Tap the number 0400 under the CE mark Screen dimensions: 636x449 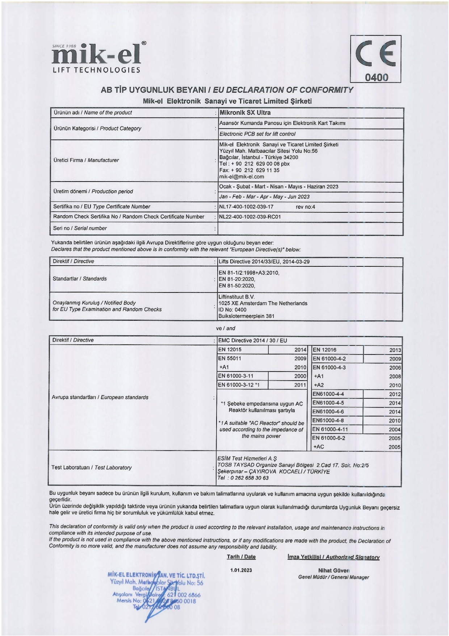click(x=376, y=78)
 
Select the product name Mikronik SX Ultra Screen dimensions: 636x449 click(x=245, y=113)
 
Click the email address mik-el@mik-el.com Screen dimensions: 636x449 click(x=242, y=177)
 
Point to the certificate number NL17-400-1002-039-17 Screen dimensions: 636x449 click(x=246, y=207)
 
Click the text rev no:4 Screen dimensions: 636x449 click(x=305, y=207)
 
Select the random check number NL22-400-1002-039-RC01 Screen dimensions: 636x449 click(x=250, y=217)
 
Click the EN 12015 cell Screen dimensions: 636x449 click(x=230, y=350)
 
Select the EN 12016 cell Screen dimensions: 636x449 click(x=324, y=350)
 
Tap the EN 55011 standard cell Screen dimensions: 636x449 click(x=230, y=358)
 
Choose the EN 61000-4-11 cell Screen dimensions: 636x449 click(x=330, y=429)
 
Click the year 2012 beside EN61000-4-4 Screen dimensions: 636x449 click(x=395, y=394)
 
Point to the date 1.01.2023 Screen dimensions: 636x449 click(x=241, y=570)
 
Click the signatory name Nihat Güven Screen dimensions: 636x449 click(x=333, y=570)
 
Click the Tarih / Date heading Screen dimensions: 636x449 click(x=241, y=557)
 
